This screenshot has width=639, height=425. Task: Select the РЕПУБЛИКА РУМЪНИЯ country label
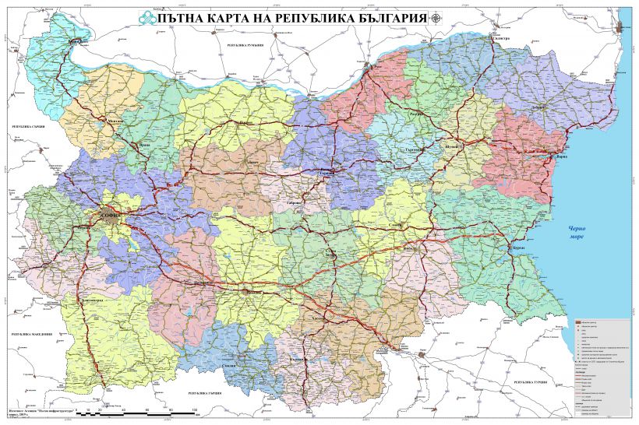click(x=245, y=47)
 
